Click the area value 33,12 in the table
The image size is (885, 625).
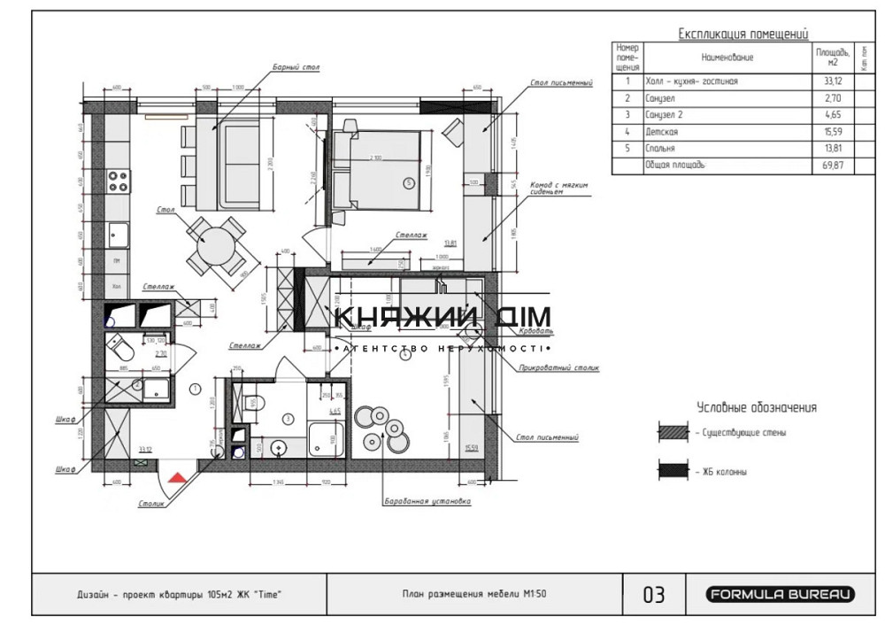[x=831, y=81]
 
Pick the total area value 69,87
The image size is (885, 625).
[x=831, y=166]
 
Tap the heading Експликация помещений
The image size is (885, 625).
[x=743, y=35]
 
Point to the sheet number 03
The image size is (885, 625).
[x=653, y=595]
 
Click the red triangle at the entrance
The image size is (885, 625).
[x=177, y=478]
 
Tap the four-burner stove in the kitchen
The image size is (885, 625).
[x=119, y=182]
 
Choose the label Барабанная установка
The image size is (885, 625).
[x=426, y=501]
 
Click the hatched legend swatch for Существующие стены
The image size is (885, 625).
[x=672, y=433]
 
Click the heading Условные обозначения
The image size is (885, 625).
[x=756, y=408]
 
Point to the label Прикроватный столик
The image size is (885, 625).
[x=559, y=367]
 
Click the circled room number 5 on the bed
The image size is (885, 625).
[x=408, y=183]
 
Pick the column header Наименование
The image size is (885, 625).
[x=727, y=58]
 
